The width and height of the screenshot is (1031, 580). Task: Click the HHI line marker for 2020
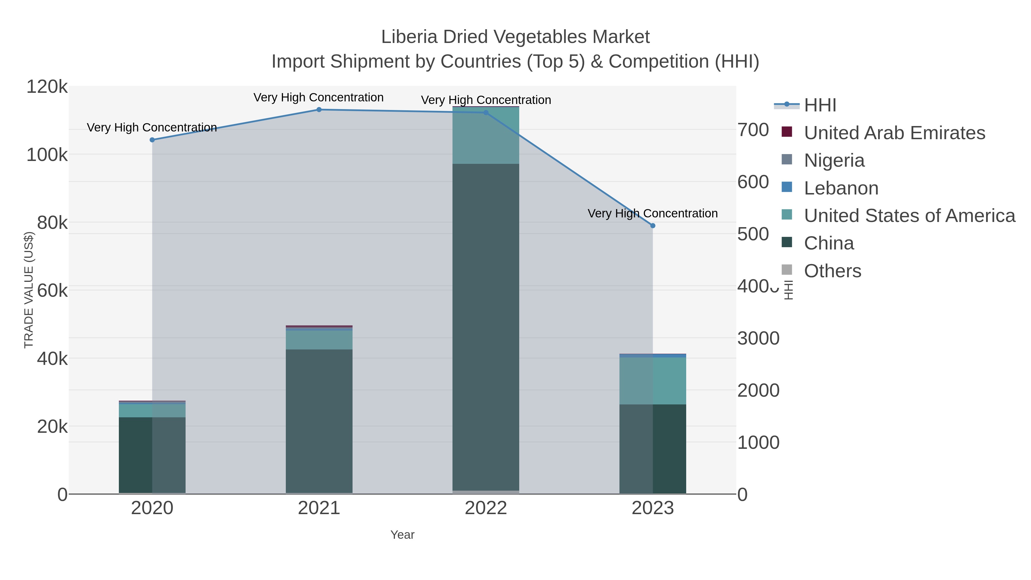point(152,140)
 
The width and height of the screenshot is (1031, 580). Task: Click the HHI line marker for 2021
point(319,110)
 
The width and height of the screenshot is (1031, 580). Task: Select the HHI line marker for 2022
point(486,113)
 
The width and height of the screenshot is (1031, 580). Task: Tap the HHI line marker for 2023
point(653,226)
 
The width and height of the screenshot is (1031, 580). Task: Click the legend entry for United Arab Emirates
point(894,133)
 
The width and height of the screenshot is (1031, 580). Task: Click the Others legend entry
point(833,271)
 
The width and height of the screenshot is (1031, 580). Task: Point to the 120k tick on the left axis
point(47,87)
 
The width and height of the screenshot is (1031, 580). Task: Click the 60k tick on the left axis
point(52,291)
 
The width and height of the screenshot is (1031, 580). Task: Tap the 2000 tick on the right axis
point(758,390)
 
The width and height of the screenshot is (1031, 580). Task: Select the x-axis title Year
point(402,535)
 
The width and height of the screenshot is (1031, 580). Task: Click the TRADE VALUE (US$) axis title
point(29,290)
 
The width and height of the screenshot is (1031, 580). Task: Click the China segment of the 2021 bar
point(319,420)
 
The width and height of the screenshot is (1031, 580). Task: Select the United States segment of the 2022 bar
point(486,135)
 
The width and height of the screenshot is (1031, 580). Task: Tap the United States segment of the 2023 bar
point(653,381)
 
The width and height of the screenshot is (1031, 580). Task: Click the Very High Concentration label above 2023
point(652,213)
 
